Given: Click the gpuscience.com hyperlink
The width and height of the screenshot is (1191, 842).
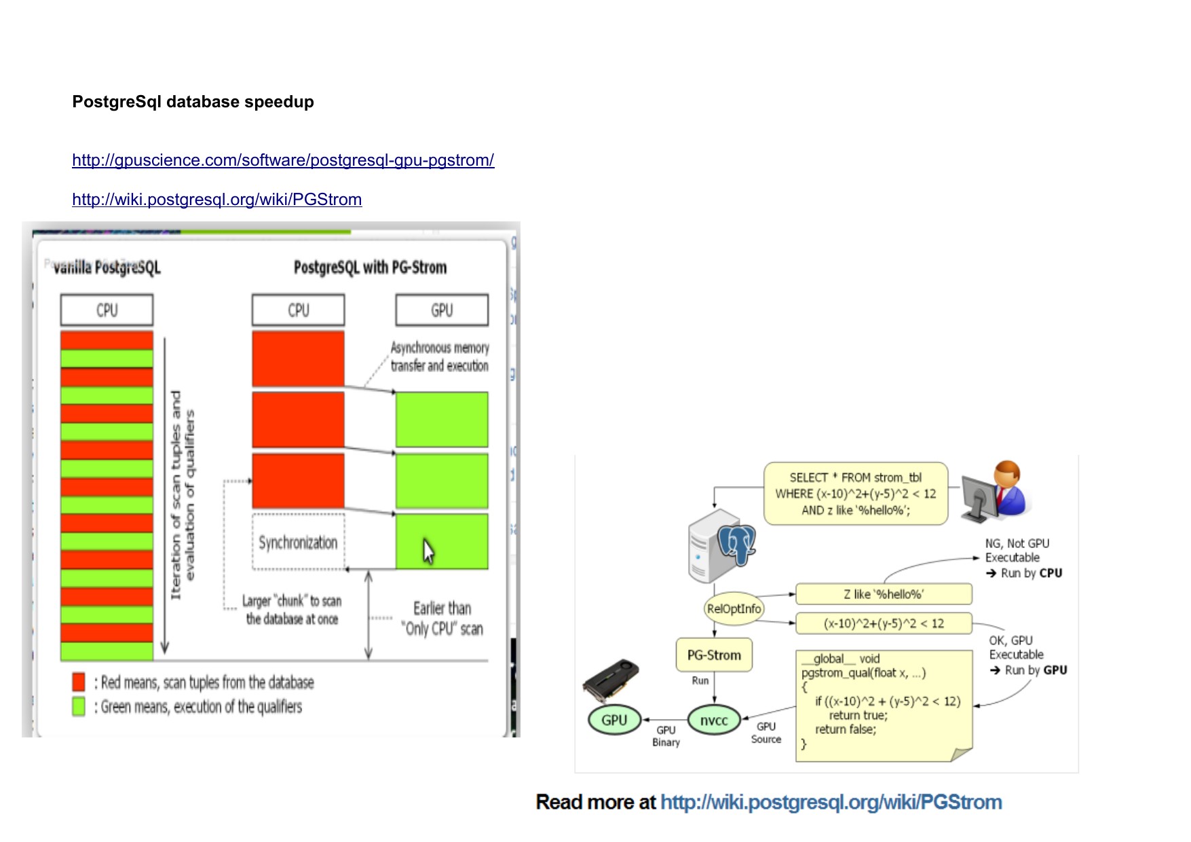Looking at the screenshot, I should (283, 160).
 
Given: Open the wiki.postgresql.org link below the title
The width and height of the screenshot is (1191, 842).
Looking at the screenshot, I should (216, 200).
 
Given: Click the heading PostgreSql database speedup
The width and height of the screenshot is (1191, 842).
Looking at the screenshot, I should (193, 102).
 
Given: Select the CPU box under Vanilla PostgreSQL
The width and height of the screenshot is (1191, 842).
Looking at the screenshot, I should (107, 310).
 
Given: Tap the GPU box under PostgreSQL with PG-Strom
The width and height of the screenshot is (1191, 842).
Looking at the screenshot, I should (442, 310).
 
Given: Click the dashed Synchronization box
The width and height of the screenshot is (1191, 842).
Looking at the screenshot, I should (298, 542).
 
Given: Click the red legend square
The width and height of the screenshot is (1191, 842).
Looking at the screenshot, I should (79, 682).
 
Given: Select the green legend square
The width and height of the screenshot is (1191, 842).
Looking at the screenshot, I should (79, 706).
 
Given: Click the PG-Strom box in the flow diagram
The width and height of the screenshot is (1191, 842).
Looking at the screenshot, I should (714, 655).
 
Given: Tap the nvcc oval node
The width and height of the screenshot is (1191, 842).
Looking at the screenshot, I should (714, 720).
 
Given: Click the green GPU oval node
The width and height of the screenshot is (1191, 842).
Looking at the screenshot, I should (614, 720).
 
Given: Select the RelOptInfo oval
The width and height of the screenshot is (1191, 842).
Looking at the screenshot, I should (734, 608).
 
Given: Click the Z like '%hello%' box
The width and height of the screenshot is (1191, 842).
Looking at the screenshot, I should (883, 594).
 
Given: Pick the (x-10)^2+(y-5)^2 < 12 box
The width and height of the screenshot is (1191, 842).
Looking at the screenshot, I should (883, 623).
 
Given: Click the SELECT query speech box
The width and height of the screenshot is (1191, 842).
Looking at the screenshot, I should (855, 494).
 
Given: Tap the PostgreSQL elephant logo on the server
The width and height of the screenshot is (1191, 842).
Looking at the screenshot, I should (737, 543).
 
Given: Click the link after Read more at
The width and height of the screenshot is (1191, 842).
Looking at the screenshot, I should (831, 802).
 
